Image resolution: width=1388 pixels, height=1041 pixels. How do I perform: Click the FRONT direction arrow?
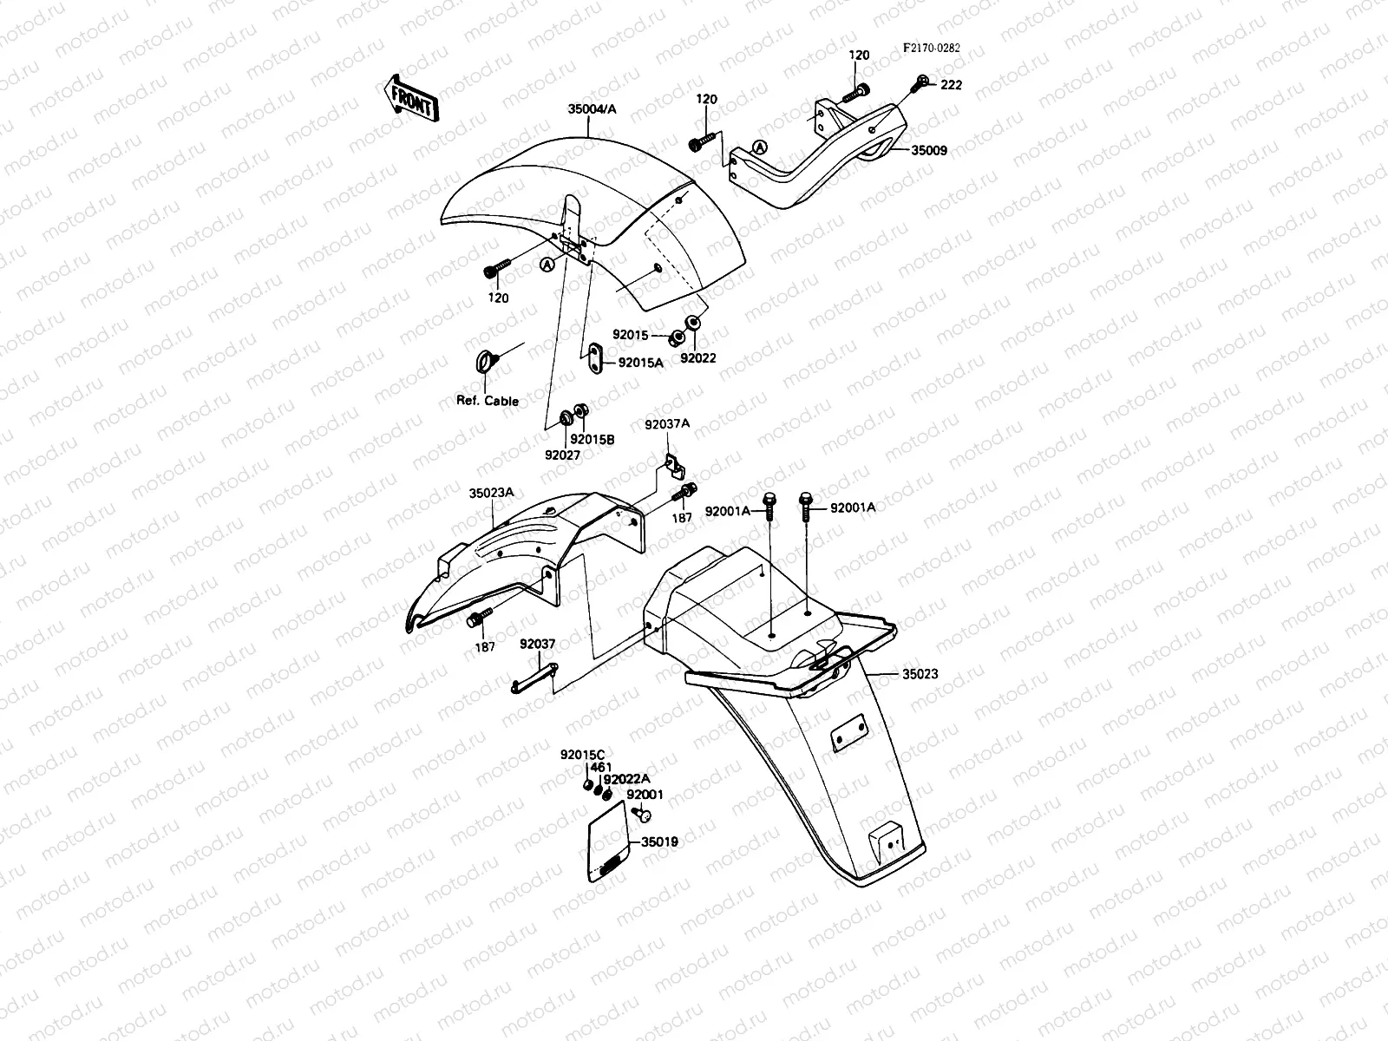[x=410, y=96]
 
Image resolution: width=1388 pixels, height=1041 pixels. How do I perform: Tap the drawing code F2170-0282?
[x=931, y=49]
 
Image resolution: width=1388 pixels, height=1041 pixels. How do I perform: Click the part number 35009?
[x=929, y=150]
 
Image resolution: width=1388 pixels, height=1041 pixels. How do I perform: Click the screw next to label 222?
[x=921, y=83]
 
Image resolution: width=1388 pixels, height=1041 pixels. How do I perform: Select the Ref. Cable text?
[x=488, y=401]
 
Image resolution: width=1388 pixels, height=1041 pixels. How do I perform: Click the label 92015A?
[x=641, y=363]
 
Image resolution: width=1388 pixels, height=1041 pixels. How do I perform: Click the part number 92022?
[x=698, y=357]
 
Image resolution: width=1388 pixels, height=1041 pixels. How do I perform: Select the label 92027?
[x=562, y=454]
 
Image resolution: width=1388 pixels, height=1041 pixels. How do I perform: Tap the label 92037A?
[x=667, y=424]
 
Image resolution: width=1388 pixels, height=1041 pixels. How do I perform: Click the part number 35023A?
[x=491, y=492]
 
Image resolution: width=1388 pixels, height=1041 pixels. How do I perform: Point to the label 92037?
[x=538, y=645]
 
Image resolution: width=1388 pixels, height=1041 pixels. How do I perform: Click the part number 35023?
[x=920, y=674]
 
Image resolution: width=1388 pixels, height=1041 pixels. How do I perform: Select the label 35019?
[x=660, y=841]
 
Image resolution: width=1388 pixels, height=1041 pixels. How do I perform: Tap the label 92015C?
[x=583, y=754]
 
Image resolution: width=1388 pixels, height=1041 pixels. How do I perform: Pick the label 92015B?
[x=593, y=440]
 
